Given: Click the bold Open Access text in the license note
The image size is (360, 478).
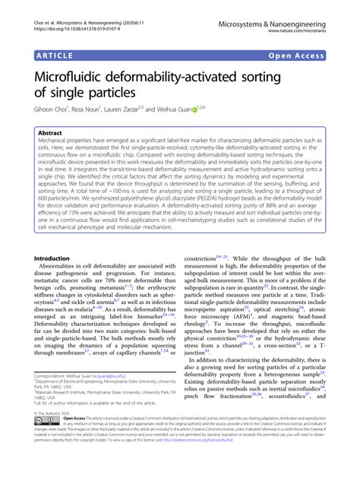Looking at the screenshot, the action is coord(73,439).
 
